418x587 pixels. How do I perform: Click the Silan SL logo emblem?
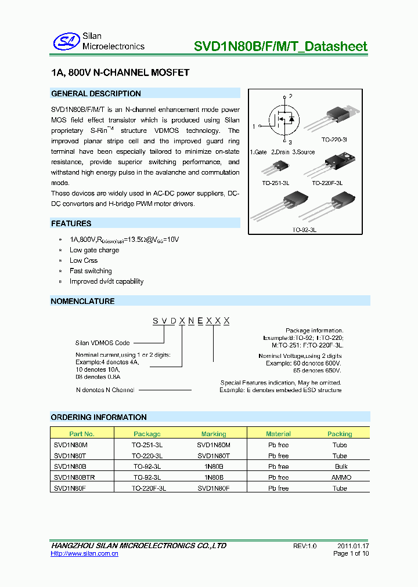66,41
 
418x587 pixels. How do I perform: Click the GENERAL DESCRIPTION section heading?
96,93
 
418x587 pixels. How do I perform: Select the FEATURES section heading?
71,223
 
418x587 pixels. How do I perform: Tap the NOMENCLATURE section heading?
83,301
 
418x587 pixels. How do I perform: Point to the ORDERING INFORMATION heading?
99,417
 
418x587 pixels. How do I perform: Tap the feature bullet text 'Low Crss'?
84,260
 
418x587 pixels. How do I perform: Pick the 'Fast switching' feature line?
91,271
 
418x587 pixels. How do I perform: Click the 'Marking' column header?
214,434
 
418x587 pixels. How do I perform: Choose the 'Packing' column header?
340,434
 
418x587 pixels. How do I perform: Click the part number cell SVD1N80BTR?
74,477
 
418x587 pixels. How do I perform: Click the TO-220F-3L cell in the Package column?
149,488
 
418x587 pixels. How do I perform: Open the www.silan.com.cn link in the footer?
85,554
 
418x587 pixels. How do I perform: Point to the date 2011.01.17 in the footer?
353,546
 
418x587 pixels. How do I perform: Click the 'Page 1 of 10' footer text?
351,553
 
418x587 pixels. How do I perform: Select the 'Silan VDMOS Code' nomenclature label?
103,343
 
